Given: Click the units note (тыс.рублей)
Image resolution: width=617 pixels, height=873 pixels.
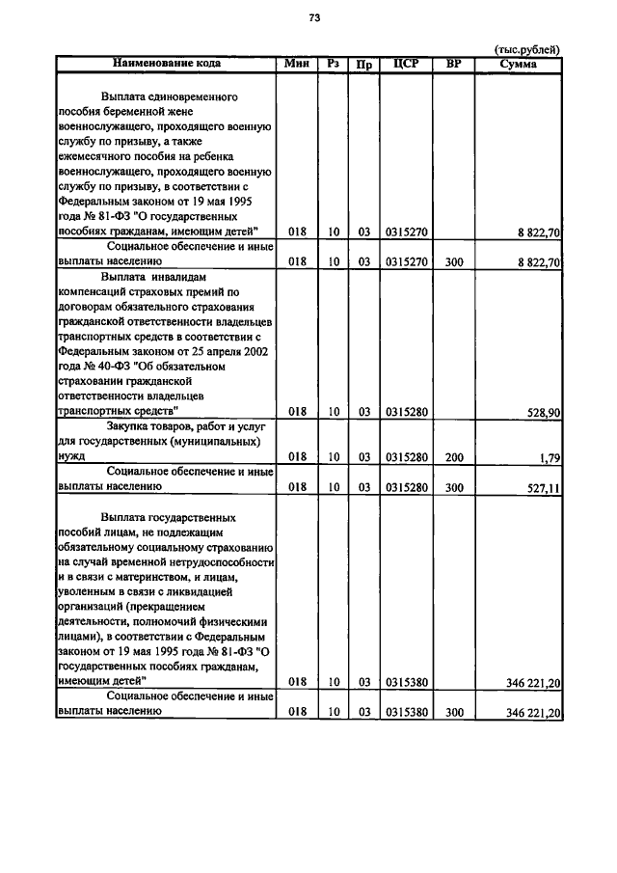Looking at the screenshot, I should [526, 49].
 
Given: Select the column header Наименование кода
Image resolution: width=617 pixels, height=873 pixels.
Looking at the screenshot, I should [166, 64].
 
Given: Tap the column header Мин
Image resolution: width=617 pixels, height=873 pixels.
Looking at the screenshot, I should [296, 64].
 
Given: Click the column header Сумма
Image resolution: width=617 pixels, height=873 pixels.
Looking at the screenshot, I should [519, 64].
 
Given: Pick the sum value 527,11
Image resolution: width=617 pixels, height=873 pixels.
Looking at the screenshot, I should [544, 488].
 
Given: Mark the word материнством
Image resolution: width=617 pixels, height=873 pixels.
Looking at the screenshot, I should [150, 576].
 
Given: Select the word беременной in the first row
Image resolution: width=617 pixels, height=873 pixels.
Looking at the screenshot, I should [140, 113].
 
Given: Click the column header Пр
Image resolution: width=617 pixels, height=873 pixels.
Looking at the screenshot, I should [364, 65].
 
